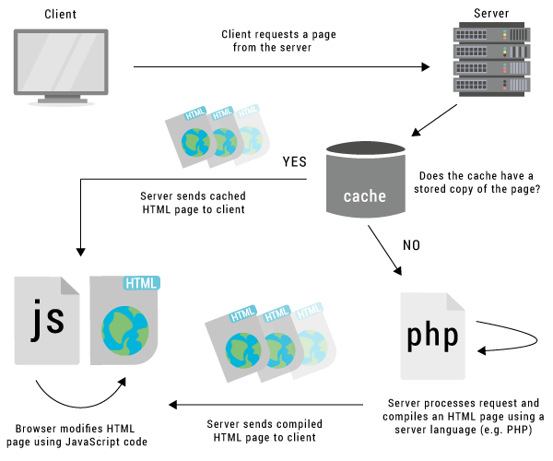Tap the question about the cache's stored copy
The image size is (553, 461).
479,182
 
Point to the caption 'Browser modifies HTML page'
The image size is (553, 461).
81,434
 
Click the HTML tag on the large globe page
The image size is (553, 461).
141,282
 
